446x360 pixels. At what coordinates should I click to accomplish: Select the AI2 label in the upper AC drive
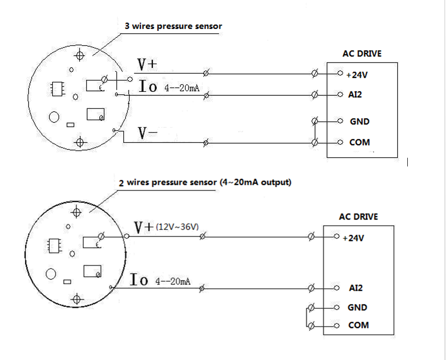click(x=355, y=95)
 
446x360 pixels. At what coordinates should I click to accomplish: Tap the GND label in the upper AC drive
click(x=359, y=121)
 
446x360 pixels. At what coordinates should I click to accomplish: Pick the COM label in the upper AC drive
click(x=359, y=142)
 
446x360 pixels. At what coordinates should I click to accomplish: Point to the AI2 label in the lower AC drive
click(x=356, y=288)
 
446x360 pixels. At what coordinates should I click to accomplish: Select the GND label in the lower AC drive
click(x=357, y=307)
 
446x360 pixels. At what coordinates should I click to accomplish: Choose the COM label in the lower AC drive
click(x=358, y=325)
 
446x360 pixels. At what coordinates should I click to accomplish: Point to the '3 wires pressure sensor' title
click(x=174, y=26)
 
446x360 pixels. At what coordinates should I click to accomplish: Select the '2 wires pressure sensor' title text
click(x=205, y=183)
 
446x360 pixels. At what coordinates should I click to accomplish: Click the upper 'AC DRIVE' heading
click(x=362, y=54)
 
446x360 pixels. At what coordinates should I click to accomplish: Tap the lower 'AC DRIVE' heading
click(x=358, y=217)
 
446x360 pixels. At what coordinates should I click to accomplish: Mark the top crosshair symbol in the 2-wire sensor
click(x=76, y=211)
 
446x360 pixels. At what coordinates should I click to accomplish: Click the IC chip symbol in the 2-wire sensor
click(x=54, y=245)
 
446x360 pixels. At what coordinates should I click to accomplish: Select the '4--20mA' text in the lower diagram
click(x=173, y=281)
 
